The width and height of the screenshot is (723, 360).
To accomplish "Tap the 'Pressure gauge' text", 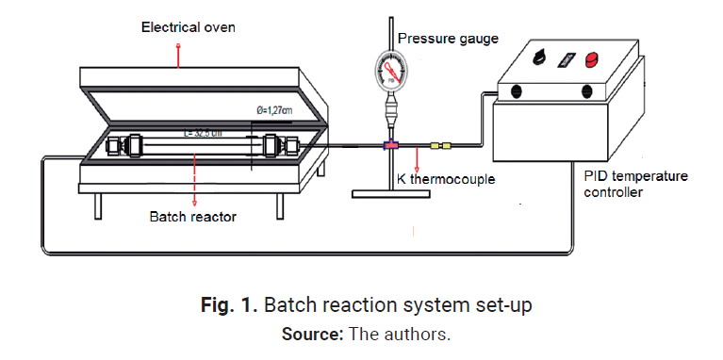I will (448, 39).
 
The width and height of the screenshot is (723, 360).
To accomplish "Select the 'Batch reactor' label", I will (192, 216).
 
